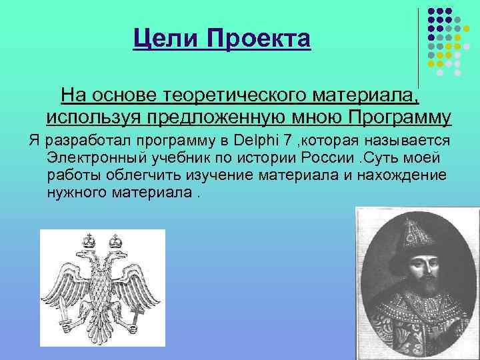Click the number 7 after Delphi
pyautogui.click(x=286, y=141)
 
